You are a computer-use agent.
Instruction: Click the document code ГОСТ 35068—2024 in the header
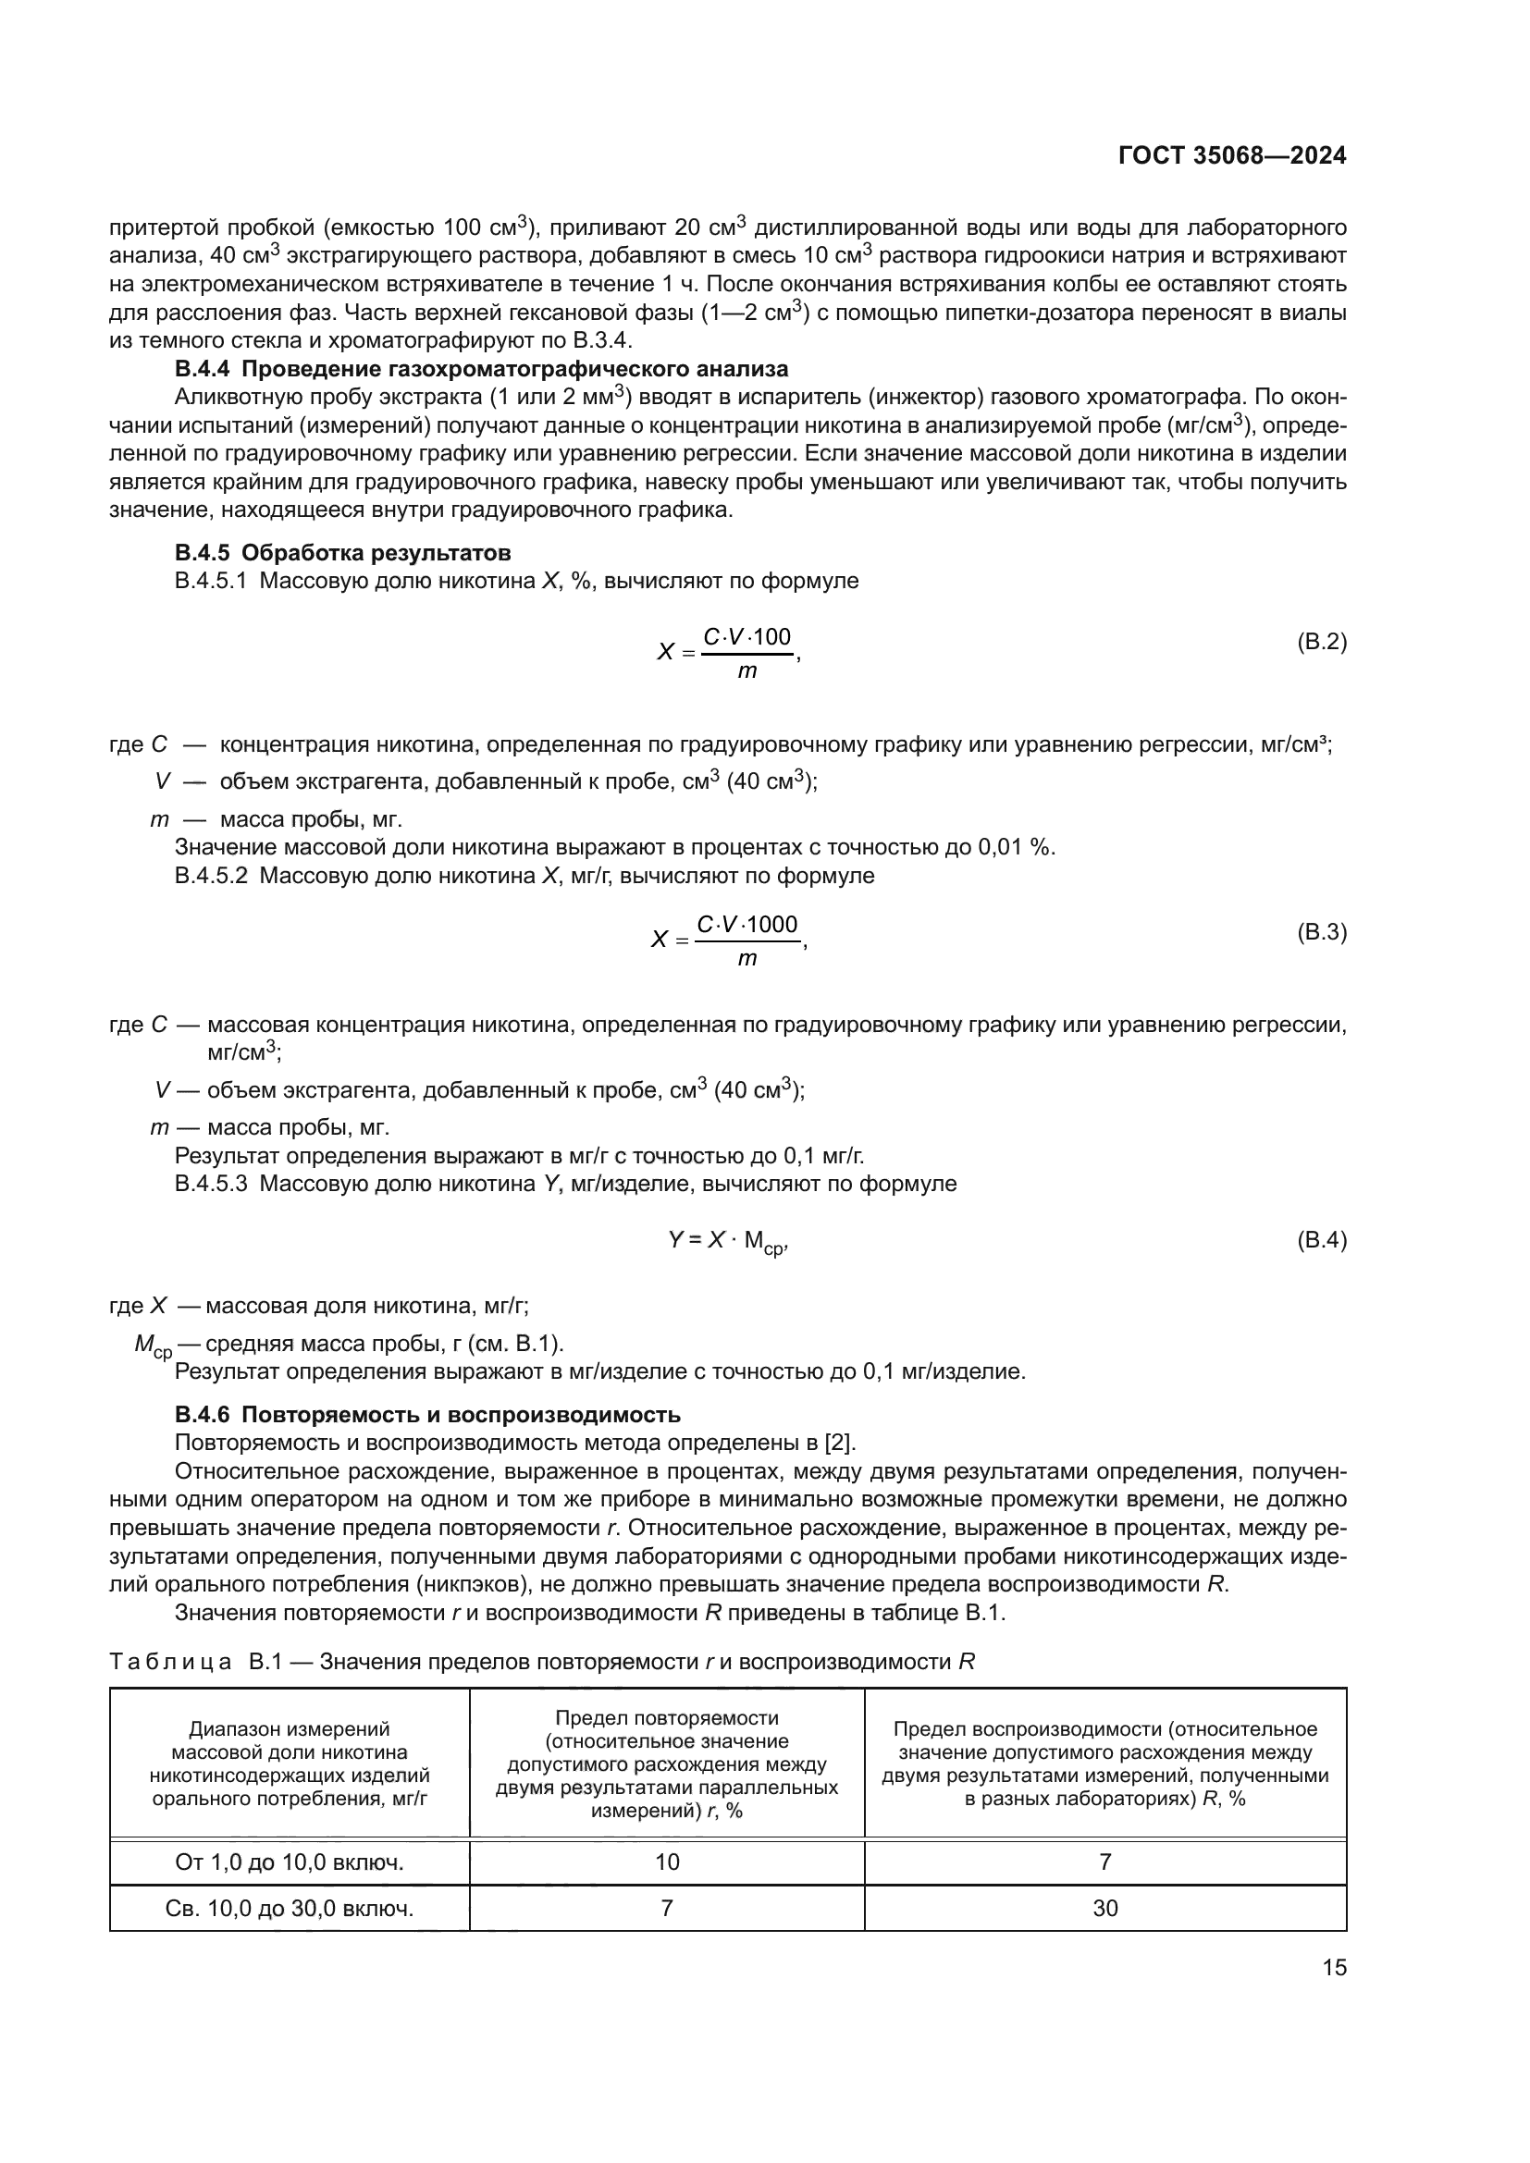[x=1231, y=156]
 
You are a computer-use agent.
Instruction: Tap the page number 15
[x=1334, y=1968]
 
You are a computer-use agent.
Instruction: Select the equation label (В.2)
[x=1322, y=643]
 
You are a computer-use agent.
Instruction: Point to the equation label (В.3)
[x=1322, y=933]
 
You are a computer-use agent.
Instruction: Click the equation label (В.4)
[x=1322, y=1240]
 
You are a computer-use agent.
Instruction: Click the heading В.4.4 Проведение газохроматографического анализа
[x=481, y=368]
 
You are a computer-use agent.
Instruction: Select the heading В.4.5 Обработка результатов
[x=343, y=552]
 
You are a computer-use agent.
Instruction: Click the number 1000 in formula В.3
[x=771, y=924]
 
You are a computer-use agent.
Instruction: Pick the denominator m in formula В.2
[x=746, y=671]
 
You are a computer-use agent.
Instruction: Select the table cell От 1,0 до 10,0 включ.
[x=290, y=1862]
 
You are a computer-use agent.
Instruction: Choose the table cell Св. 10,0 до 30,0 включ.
[x=290, y=1908]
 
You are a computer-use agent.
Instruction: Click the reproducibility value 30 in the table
[x=1105, y=1908]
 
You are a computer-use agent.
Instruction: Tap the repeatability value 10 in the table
[x=667, y=1862]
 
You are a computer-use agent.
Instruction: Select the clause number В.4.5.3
[x=211, y=1184]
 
